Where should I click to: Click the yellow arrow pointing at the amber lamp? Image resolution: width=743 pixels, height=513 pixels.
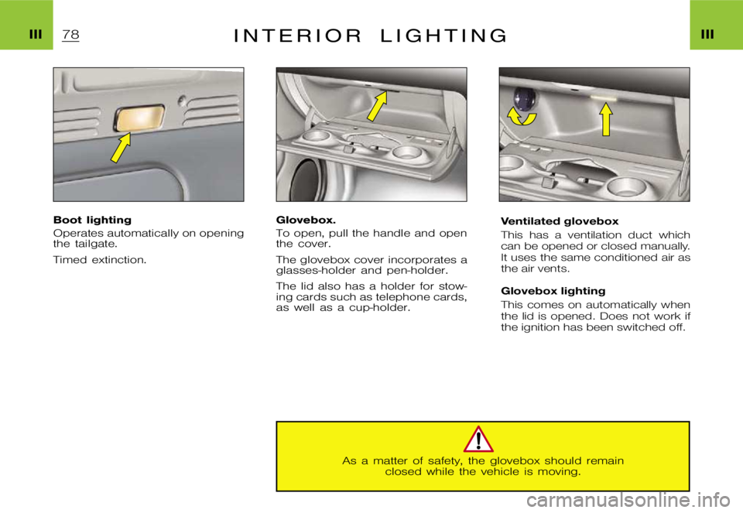click(121, 147)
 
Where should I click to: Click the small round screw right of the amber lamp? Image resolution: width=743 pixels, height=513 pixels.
click(180, 101)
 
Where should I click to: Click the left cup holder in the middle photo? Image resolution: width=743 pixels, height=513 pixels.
click(317, 144)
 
